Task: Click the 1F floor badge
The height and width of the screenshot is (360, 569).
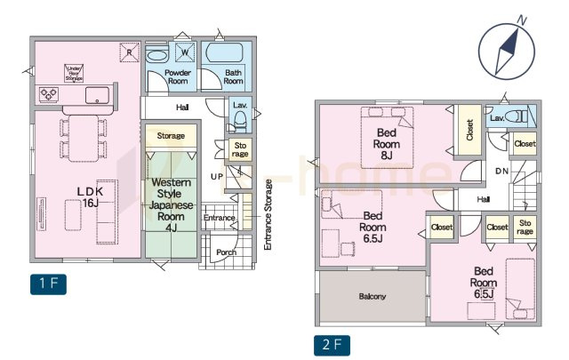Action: (x=48, y=284)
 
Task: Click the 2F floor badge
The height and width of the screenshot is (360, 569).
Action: (x=332, y=345)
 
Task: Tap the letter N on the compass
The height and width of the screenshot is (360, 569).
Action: (x=522, y=20)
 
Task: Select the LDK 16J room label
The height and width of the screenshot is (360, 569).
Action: (x=91, y=197)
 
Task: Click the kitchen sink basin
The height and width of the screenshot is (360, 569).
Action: (x=97, y=95)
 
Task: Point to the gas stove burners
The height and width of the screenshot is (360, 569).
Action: (x=49, y=94)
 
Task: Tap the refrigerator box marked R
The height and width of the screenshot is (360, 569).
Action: (x=130, y=52)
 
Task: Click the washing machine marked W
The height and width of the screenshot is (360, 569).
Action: (x=185, y=52)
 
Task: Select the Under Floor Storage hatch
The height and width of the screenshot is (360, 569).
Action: (x=74, y=73)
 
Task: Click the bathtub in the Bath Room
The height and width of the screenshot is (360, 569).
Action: (x=224, y=53)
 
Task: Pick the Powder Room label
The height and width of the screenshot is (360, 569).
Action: (x=178, y=76)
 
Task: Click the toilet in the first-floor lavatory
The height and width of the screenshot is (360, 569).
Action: (x=240, y=119)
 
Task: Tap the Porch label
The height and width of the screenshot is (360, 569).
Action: (x=226, y=252)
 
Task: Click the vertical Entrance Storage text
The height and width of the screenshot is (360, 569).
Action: (x=268, y=215)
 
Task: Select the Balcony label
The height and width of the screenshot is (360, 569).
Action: (x=372, y=296)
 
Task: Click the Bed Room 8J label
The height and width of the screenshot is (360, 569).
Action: (x=387, y=144)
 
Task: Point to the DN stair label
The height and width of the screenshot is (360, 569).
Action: (x=501, y=171)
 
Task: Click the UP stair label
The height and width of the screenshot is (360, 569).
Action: (x=217, y=177)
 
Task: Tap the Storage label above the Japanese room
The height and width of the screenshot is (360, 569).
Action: (x=171, y=136)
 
